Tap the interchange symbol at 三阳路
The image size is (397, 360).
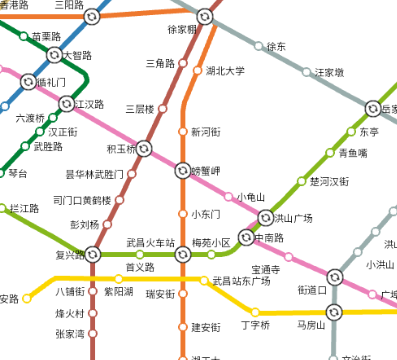tap(91, 17)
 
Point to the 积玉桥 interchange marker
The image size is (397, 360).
tap(144, 149)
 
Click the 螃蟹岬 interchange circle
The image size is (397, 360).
tap(182, 169)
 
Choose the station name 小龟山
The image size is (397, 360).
tap(251, 197)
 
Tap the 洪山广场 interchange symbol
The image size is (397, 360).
tap(266, 217)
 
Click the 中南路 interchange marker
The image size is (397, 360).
tap(245, 239)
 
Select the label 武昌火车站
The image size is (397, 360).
tap(150, 242)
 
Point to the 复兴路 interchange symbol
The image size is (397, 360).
tap(92, 255)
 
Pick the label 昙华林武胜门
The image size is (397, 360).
tap(94, 175)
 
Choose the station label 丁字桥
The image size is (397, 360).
tap(255, 325)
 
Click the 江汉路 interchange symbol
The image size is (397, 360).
tap(67, 103)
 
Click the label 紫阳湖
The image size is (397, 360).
tap(118, 291)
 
